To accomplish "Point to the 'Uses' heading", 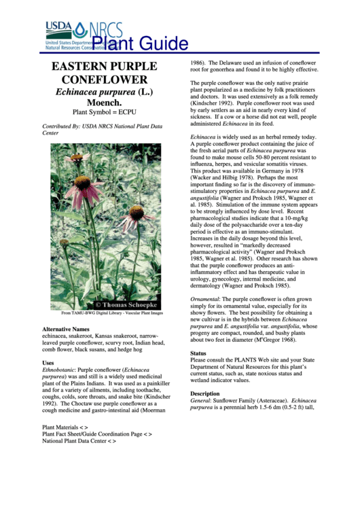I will pyautogui.click(x=48, y=363).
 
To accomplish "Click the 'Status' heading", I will pyautogui.click(x=198, y=354).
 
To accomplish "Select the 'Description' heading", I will pyautogui.click(x=204, y=394).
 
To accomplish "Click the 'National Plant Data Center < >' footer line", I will pyautogui.click(x=79, y=440).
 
